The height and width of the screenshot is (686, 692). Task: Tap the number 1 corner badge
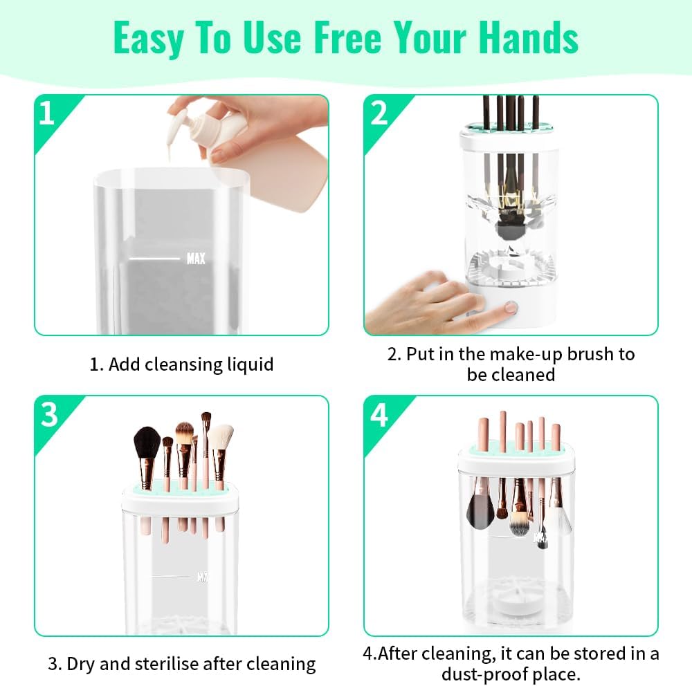point(47,113)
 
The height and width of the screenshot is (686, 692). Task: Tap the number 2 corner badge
point(379,113)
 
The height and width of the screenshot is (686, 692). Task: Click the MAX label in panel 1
point(196,259)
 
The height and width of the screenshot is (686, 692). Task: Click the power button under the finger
point(511,307)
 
